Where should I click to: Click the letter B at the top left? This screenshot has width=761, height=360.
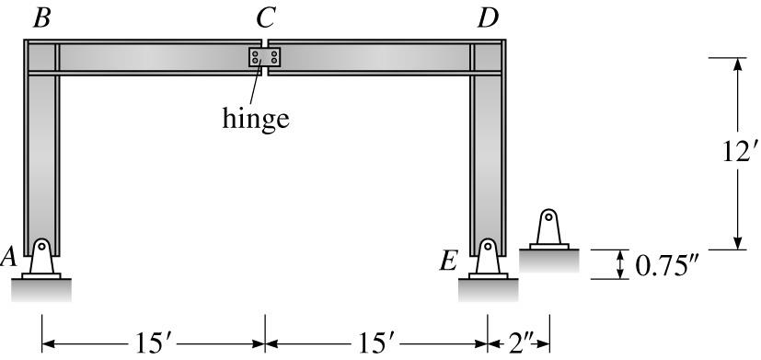click(x=40, y=18)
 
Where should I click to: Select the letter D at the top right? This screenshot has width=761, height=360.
click(x=488, y=18)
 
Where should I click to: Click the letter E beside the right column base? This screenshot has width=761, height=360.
click(x=448, y=261)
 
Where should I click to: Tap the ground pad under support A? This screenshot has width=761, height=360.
click(x=41, y=291)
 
